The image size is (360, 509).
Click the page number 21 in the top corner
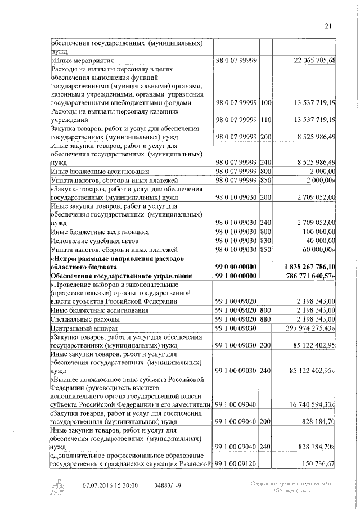[329, 25]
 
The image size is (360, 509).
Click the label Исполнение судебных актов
[93, 240]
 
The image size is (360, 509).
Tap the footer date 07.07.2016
[97, 485]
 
